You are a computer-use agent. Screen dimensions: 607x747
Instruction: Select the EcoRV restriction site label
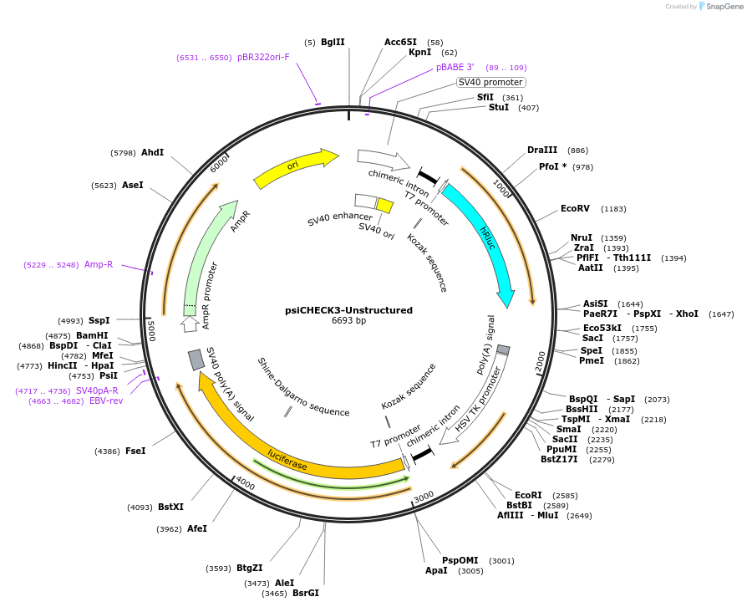coord(575,208)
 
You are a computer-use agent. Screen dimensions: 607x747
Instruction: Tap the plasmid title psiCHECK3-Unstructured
coord(348,310)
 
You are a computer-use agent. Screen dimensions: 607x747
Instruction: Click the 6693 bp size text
coord(348,320)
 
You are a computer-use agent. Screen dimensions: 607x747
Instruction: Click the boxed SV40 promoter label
coord(490,82)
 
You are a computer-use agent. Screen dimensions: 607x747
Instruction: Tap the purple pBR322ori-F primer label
coord(263,57)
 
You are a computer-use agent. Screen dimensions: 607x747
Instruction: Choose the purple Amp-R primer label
coord(99,264)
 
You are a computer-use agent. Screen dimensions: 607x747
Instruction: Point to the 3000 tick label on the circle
coord(424,496)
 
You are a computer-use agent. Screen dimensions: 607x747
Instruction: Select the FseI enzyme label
coord(135,451)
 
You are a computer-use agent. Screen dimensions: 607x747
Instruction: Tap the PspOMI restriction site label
coord(460,560)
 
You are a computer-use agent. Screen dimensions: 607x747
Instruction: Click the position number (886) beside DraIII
coord(577,150)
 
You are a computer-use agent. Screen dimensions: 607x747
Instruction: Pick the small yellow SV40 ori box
coord(384,205)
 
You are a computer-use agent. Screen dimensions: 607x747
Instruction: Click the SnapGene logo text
coord(724,6)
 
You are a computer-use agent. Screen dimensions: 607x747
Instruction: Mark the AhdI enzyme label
coord(152,152)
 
